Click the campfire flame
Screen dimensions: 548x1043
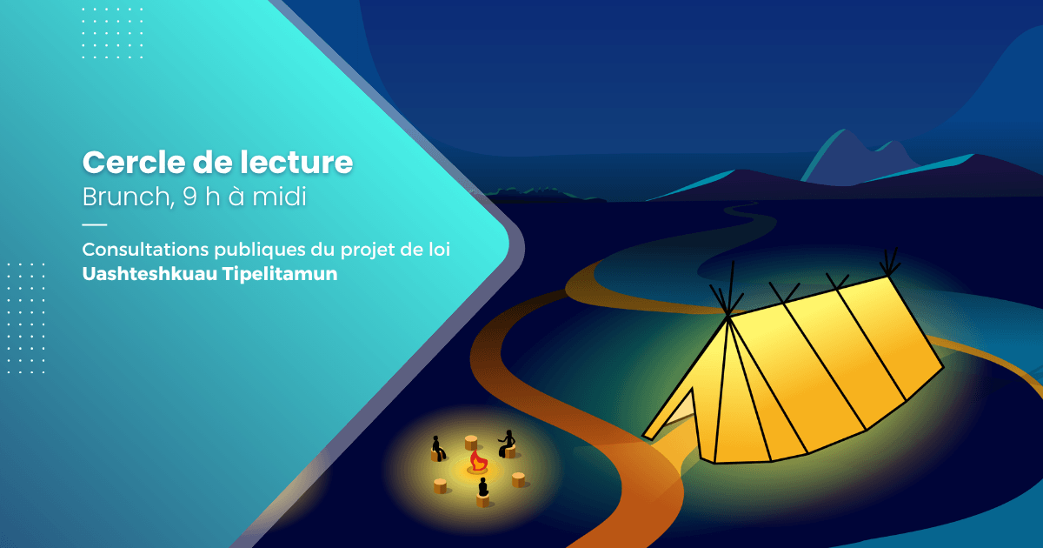pyautogui.click(x=477, y=460)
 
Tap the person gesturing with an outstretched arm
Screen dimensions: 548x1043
pyautogui.click(x=506, y=444)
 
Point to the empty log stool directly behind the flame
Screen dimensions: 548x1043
pyautogui.click(x=471, y=441)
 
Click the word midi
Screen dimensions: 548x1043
pyautogui.click(x=278, y=197)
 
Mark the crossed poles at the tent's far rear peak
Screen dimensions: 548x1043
pyautogui.click(x=889, y=264)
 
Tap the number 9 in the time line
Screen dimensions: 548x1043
pyautogui.click(x=189, y=197)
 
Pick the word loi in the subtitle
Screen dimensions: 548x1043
pyautogui.click(x=439, y=250)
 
